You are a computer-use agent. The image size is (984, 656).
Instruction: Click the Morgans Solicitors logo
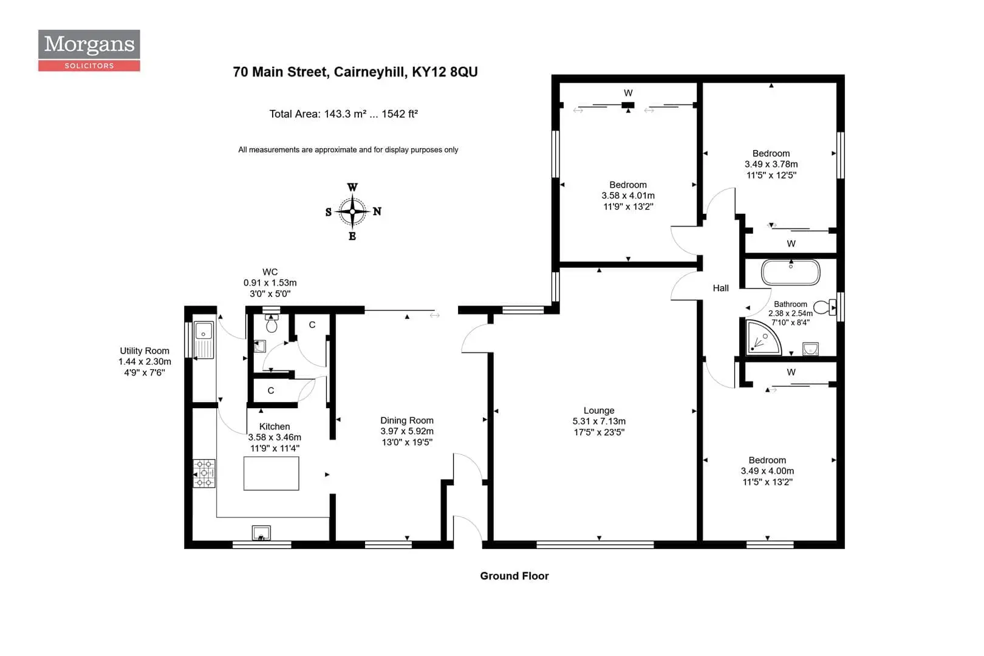[89, 50]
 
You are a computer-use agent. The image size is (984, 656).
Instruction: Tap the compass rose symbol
[352, 212]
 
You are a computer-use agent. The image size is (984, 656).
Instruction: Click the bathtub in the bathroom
[790, 272]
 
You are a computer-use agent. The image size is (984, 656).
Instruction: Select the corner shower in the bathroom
[764, 338]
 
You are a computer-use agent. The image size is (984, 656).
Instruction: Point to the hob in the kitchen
[204, 473]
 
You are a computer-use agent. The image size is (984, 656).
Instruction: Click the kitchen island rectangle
[272, 473]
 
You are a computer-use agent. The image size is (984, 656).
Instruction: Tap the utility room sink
[203, 340]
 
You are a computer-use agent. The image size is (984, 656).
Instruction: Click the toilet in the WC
[272, 323]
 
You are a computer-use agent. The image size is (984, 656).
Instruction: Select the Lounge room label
[599, 411]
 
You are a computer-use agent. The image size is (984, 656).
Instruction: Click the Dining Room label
[407, 420]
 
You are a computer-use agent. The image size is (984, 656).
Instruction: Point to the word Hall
[720, 289]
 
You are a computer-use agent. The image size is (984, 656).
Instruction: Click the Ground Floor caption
[514, 576]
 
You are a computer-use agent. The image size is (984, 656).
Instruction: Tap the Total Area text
[344, 114]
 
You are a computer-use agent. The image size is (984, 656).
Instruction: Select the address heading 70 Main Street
[355, 72]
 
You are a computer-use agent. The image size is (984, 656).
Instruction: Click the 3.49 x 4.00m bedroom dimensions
[767, 471]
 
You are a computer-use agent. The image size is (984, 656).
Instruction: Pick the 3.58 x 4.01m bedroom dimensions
[628, 196]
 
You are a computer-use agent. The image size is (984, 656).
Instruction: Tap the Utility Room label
[145, 351]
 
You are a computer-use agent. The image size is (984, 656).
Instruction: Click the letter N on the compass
[377, 211]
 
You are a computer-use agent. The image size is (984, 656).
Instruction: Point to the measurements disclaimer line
[349, 150]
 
